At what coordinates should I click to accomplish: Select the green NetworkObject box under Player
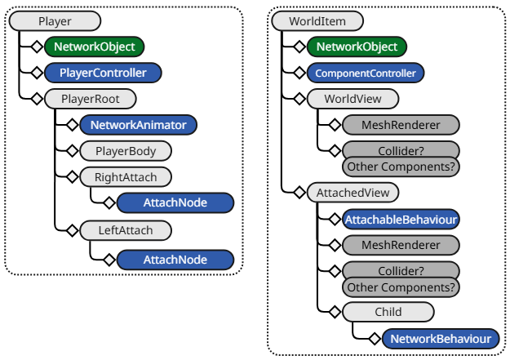(x=95, y=47)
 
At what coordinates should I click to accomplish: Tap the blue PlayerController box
(x=103, y=73)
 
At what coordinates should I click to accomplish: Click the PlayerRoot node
(x=90, y=100)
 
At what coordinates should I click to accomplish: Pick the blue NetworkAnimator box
(x=138, y=126)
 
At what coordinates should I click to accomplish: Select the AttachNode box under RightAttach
(x=175, y=202)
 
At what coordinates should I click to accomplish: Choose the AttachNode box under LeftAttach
(x=175, y=260)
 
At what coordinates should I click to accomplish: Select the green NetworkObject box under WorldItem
(x=357, y=47)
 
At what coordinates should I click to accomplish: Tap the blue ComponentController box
(x=365, y=73)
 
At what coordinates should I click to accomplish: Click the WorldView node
(x=353, y=100)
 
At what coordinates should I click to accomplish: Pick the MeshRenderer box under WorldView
(x=400, y=126)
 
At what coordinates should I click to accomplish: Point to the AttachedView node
(x=353, y=193)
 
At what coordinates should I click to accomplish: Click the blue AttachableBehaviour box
(x=401, y=220)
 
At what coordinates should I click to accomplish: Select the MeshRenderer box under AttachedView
(x=400, y=246)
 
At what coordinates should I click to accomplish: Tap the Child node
(x=388, y=312)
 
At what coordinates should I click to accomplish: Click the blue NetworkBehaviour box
(x=441, y=338)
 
